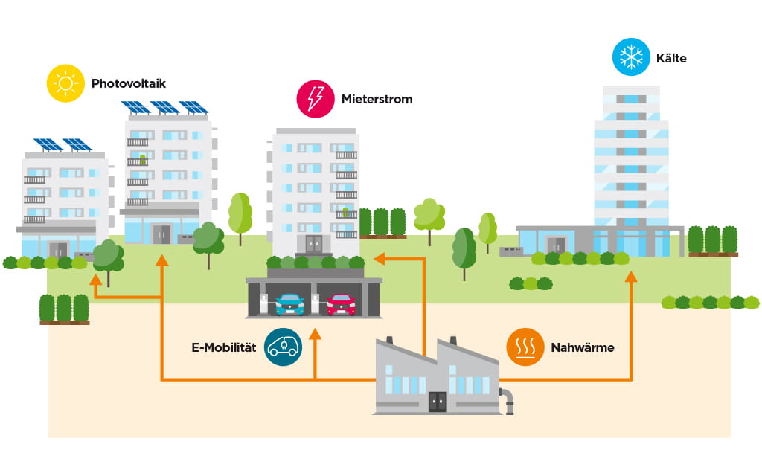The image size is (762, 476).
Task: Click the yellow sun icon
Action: [x=65, y=83]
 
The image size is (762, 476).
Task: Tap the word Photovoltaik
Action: [x=128, y=83]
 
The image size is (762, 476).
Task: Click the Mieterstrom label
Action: [x=377, y=99]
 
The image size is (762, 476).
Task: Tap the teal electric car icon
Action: [x=283, y=347]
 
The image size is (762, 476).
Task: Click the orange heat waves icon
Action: [x=525, y=347]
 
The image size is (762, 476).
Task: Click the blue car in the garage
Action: [x=289, y=303]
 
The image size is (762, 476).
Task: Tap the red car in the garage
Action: [x=341, y=303]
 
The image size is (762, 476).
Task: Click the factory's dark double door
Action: [x=438, y=402]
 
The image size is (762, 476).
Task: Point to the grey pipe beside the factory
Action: [x=508, y=402]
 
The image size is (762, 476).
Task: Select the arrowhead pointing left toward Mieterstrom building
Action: [x=379, y=259]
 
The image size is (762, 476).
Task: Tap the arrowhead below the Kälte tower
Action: [x=632, y=277]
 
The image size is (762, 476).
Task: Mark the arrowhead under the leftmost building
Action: [x=95, y=280]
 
